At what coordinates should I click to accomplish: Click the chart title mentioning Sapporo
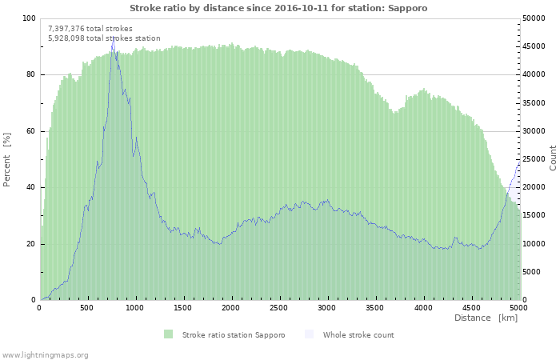[x=278, y=8]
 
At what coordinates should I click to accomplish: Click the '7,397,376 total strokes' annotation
[x=90, y=29]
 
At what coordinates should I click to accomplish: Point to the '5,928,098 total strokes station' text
[x=104, y=38]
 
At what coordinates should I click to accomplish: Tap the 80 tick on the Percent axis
[x=30, y=74]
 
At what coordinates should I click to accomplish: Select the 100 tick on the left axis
[x=29, y=18]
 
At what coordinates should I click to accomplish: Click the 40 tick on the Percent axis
[x=30, y=187]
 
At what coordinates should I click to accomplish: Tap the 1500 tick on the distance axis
[x=183, y=307]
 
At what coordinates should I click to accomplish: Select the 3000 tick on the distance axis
[x=326, y=307]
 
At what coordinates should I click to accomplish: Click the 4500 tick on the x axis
[x=470, y=307]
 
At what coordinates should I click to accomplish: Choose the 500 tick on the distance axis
[x=87, y=307]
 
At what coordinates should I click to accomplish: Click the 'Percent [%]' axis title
[x=7, y=159]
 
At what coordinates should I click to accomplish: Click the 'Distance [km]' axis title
[x=486, y=318]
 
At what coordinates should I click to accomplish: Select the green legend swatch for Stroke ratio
[x=168, y=334]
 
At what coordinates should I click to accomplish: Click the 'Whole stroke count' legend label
[x=358, y=334]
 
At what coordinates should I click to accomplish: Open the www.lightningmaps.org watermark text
[x=45, y=354]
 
